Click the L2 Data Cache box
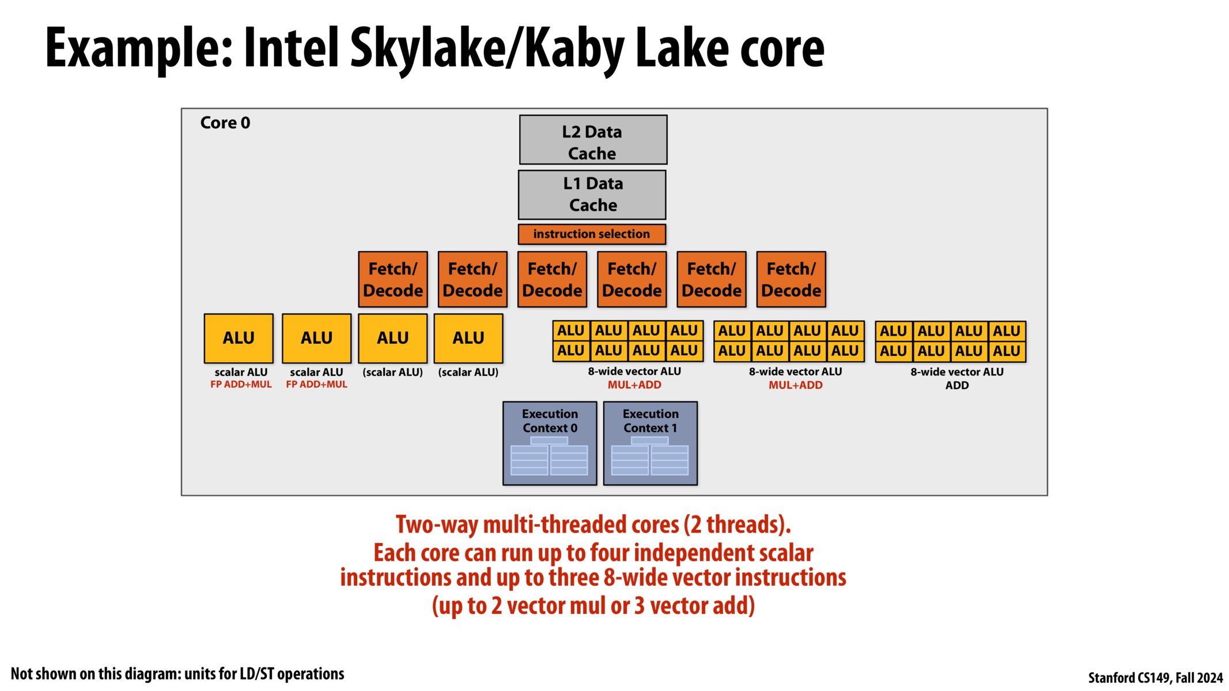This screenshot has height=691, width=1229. pos(593,140)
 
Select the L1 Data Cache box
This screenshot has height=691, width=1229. pos(592,195)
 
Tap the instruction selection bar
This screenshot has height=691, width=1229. pos(592,234)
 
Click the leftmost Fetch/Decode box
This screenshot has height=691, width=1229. pos(393,279)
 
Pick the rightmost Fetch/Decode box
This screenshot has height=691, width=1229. pos(791,279)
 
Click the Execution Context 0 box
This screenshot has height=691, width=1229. pos(550,443)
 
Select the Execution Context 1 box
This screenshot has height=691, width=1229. pos(650,443)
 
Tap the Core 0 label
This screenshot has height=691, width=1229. pos(225,123)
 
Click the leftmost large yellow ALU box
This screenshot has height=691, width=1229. pos(239,338)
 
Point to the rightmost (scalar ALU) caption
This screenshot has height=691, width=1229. pos(468,373)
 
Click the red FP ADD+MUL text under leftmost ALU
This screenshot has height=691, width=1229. pos(241,385)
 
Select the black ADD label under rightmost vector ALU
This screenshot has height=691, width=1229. pos(956,386)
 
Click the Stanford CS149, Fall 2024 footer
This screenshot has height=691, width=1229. pos(1155,678)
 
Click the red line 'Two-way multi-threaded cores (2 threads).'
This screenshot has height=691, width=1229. pos(593,525)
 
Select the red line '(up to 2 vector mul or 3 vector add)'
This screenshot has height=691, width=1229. pos(593,606)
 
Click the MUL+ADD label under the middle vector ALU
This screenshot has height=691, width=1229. pos(795,385)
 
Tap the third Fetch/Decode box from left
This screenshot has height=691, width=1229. pos(552,279)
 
